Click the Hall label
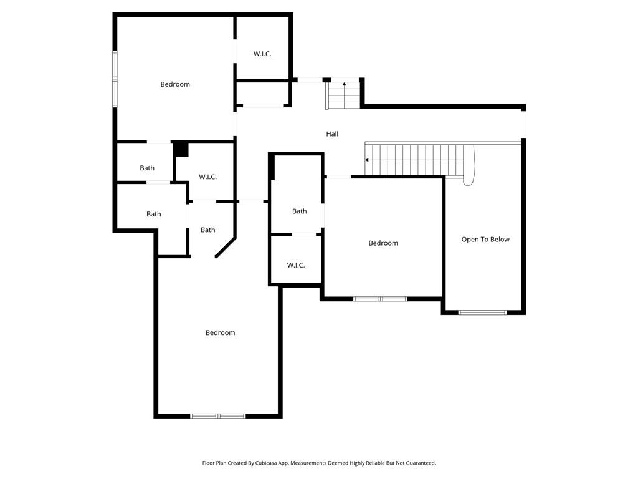[332, 134]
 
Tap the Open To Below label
[485, 239]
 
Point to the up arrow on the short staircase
[344, 84]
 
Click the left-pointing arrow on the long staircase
[368, 160]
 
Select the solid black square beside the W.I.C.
[181, 150]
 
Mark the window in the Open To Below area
[483, 312]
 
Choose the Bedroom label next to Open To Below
[383, 243]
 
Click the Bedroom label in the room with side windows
[174, 84]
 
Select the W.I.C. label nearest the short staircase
[262, 54]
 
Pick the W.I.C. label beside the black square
[207, 177]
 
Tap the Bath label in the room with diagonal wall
[207, 230]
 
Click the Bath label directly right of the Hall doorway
[299, 211]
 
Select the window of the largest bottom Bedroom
[218, 415]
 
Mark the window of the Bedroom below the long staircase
[380, 299]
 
